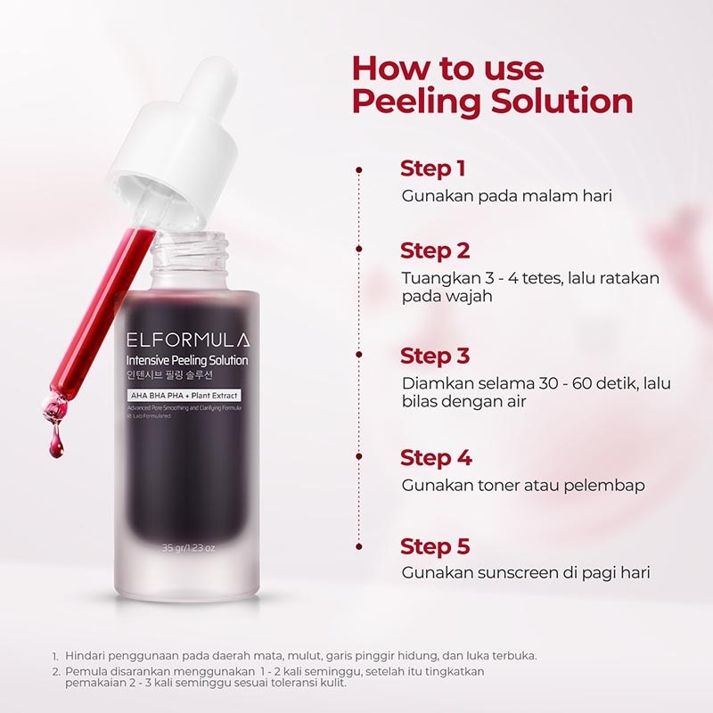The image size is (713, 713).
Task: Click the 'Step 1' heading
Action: click(x=433, y=168)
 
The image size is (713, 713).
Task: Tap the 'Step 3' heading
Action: click(x=435, y=356)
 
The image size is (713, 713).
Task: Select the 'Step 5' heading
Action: click(x=435, y=545)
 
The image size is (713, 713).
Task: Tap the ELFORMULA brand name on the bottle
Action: click(x=188, y=340)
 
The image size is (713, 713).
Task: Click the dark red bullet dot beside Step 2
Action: click(x=359, y=250)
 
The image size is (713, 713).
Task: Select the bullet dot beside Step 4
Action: click(x=359, y=458)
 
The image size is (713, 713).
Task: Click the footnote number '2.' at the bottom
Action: click(x=55, y=671)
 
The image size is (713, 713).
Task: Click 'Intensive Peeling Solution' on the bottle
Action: click(x=187, y=360)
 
